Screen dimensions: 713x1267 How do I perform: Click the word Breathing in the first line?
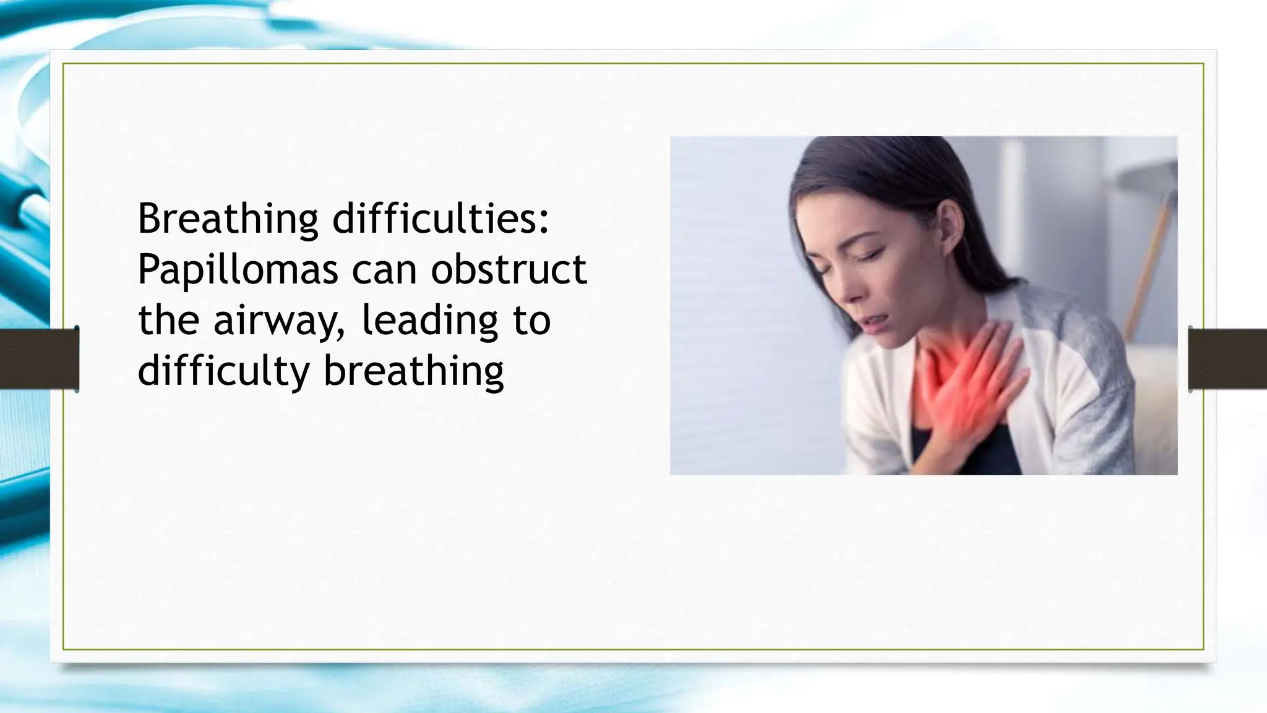(x=227, y=219)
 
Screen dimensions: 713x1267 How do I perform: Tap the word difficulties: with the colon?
(x=440, y=219)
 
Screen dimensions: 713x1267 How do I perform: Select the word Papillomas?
(x=238, y=270)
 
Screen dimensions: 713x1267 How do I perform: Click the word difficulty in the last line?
(x=223, y=371)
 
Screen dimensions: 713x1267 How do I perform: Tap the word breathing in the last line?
(x=413, y=371)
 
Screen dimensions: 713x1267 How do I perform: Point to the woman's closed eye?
(x=874, y=254)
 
